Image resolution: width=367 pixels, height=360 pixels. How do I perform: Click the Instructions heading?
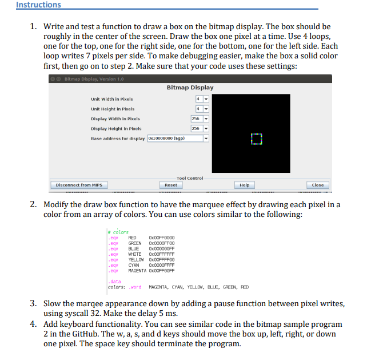[x=38, y=5]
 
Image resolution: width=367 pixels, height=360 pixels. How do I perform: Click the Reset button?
[x=170, y=185]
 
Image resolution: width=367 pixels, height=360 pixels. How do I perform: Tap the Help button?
[x=245, y=185]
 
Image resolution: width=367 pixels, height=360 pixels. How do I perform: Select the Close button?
[x=318, y=185]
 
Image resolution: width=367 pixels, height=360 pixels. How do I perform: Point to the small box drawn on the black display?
[x=256, y=139]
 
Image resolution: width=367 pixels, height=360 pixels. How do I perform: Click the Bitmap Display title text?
[x=190, y=88]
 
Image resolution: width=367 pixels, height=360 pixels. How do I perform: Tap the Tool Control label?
[x=190, y=178]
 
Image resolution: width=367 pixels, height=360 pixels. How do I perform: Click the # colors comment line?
[x=118, y=232]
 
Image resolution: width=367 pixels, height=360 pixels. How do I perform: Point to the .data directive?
[x=114, y=282]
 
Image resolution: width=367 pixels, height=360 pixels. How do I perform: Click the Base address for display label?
[x=118, y=139]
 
